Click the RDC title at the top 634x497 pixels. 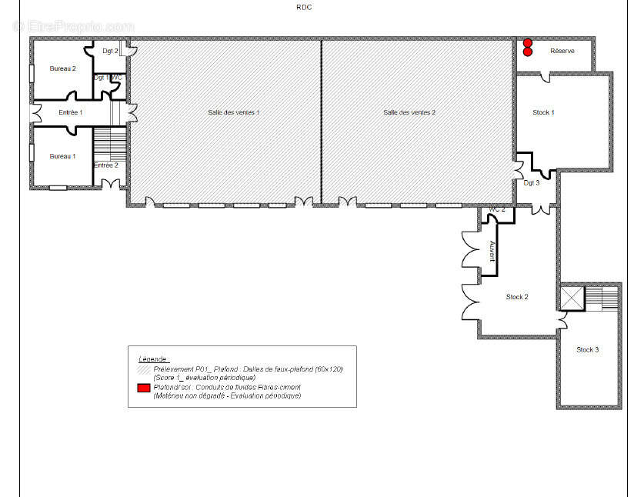pyautogui.click(x=304, y=7)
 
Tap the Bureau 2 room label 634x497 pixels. pyautogui.click(x=63, y=68)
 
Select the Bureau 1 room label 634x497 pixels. pyautogui.click(x=63, y=156)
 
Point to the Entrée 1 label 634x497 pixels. pyautogui.click(x=70, y=113)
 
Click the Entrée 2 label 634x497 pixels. pyautogui.click(x=105, y=165)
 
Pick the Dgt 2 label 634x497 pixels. pyautogui.click(x=110, y=52)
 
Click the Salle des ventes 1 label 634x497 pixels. pyautogui.click(x=233, y=112)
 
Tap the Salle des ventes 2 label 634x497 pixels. pyautogui.click(x=409, y=112)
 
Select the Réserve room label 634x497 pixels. pyautogui.click(x=562, y=51)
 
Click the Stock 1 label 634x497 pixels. pyautogui.click(x=543, y=112)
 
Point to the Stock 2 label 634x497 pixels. pyautogui.click(x=516, y=297)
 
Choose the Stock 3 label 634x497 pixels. pyautogui.click(x=587, y=349)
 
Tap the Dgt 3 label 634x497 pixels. pyautogui.click(x=531, y=183)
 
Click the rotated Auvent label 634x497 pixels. pyautogui.click(x=492, y=251)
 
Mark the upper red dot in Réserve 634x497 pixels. pyautogui.click(x=528, y=44)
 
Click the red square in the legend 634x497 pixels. pyautogui.click(x=143, y=388)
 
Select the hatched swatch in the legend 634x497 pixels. pyautogui.click(x=143, y=370)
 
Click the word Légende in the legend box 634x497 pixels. pyautogui.click(x=153, y=359)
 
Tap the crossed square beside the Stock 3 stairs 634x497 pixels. pyautogui.click(x=572, y=297)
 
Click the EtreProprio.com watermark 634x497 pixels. pyautogui.click(x=74, y=26)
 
